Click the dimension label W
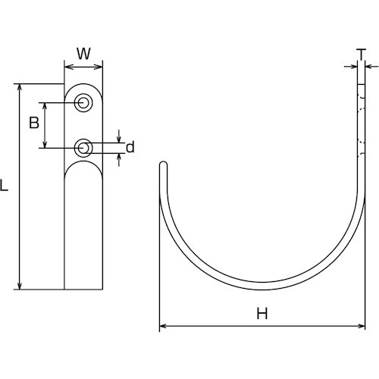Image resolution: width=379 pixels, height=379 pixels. (84, 54)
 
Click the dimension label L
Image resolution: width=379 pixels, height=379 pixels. (6, 184)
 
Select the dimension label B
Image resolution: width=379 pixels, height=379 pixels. (34, 123)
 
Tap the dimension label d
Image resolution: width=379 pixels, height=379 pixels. (130, 147)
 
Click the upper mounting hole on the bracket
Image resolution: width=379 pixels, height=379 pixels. (84, 102)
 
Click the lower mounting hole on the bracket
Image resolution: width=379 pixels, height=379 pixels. (84, 147)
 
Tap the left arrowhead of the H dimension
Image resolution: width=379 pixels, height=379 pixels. (162, 327)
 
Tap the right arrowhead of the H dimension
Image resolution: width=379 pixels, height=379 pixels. (361, 327)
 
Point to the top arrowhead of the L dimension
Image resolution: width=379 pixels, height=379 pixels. (20, 86)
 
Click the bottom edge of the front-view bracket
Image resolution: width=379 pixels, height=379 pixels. (84, 289)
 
